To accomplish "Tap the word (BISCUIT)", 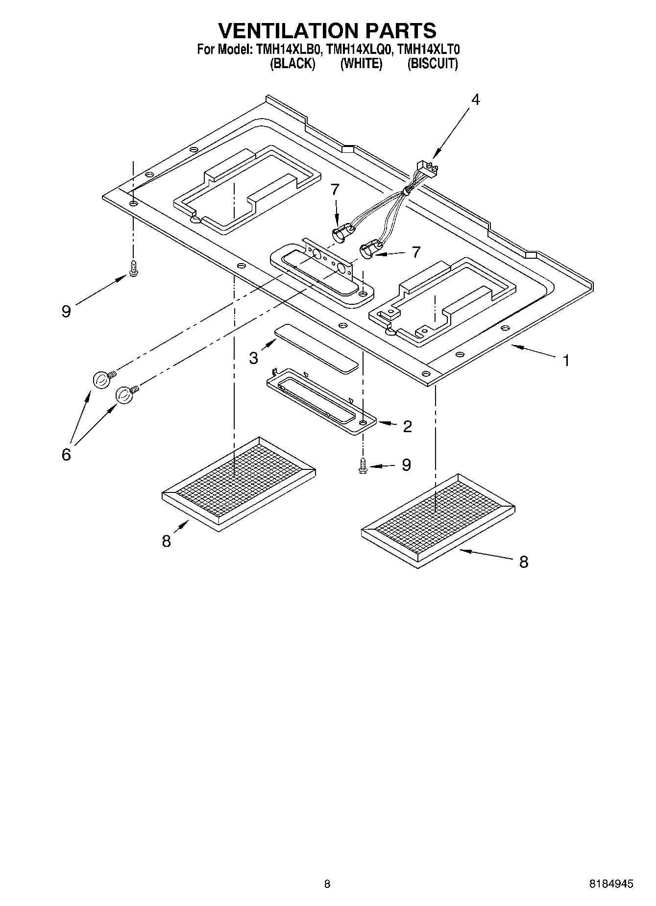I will coord(433,64).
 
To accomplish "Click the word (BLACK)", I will coord(292,64).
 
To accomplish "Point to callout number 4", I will coord(475,99).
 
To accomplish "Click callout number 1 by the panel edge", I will coord(566,361).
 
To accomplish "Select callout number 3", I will coord(253,358).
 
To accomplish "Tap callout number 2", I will coord(407,426).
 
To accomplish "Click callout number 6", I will coord(66,454).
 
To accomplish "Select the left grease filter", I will coord(239,482).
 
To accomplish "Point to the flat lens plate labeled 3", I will coord(316,348).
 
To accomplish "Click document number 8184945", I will coord(611,884).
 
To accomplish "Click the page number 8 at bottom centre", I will coord(327,884).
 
